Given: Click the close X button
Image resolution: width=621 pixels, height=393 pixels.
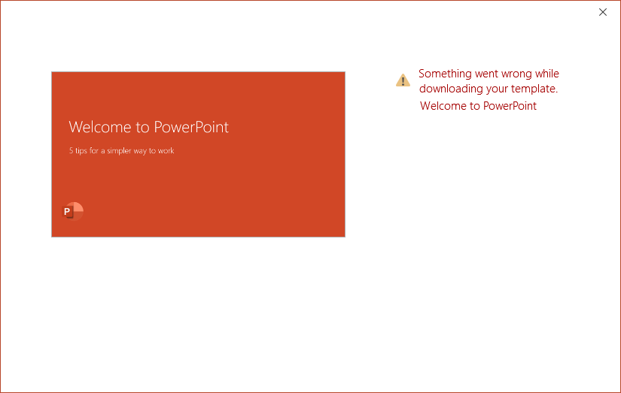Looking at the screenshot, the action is pyautogui.click(x=603, y=12).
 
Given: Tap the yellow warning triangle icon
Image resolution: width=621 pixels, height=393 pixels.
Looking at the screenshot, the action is pyautogui.click(x=403, y=80).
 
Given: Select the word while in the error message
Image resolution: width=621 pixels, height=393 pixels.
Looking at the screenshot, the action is pyautogui.click(x=547, y=74).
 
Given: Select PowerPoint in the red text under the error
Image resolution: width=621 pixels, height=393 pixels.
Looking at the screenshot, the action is pyautogui.click(x=510, y=106).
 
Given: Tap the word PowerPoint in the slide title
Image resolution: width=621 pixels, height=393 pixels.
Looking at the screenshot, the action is pyautogui.click(x=191, y=127).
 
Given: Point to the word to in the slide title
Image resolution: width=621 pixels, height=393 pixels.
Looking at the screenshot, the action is pyautogui.click(x=142, y=128).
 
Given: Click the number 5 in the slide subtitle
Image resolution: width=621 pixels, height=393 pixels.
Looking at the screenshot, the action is pyautogui.click(x=71, y=150).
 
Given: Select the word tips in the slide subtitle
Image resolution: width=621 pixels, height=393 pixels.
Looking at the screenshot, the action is pyautogui.click(x=81, y=150).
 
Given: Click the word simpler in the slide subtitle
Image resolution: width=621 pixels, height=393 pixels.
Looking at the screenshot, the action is pyautogui.click(x=119, y=151).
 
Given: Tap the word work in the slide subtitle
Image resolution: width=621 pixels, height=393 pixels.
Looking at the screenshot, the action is pyautogui.click(x=166, y=150).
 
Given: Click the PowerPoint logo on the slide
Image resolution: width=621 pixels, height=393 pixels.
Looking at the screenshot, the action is pyautogui.click(x=72, y=211).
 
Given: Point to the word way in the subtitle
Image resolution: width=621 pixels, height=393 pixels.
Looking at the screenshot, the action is pyautogui.click(x=140, y=152).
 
